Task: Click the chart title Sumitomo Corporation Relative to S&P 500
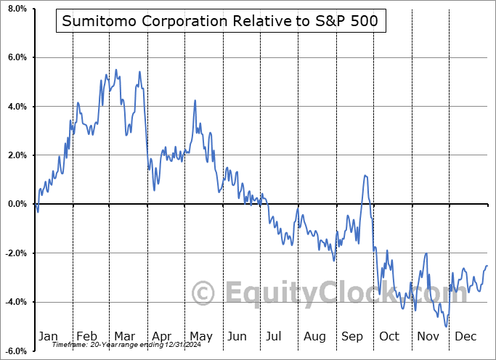[219, 21]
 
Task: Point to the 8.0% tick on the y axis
[16, 9]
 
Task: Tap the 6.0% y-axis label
[16, 57]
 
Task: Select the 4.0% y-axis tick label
[16, 107]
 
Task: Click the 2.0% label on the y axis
[16, 155]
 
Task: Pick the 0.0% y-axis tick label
[16, 204]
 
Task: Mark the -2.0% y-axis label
[15, 253]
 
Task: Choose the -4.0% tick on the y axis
[15, 302]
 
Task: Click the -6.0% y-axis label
[15, 351]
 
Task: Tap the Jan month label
[47, 337]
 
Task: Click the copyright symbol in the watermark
[203, 294]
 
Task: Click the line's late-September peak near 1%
[365, 175]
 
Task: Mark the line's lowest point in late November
[445, 327]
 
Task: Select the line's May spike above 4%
[195, 101]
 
